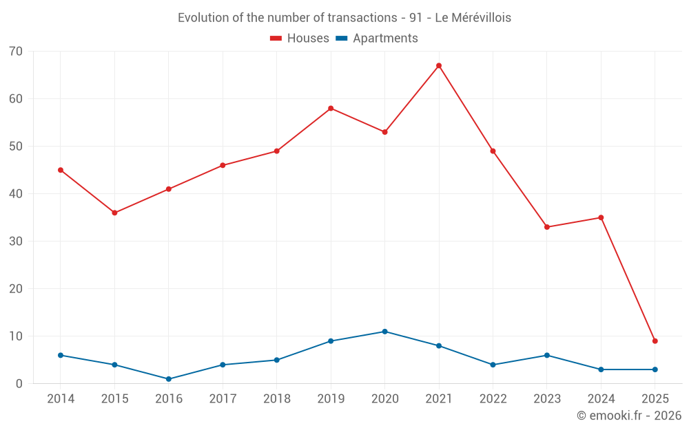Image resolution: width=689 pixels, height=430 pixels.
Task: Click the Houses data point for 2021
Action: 439,65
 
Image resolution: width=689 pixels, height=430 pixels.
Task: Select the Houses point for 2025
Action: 655,341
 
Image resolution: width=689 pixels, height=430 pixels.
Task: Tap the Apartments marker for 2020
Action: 385,332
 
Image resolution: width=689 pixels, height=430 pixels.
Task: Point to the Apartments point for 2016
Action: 169,379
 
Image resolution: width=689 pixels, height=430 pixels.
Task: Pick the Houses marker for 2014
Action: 61,170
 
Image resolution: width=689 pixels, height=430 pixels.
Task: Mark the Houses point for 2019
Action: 331,108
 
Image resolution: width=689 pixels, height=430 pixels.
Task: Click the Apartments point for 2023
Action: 547,355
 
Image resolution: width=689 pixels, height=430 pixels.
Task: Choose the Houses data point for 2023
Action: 547,227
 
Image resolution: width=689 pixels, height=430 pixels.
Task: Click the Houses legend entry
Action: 300,39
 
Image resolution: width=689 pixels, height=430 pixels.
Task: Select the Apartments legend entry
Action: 377,39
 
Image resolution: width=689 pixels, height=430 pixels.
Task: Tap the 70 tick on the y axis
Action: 16,52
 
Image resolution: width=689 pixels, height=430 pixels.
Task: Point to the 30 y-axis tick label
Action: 16,241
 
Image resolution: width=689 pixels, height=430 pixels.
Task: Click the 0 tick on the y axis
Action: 19,384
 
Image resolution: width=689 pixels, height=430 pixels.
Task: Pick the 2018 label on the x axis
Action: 277,399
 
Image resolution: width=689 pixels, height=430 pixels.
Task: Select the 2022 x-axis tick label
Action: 493,399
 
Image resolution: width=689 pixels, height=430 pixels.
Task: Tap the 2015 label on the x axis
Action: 114,399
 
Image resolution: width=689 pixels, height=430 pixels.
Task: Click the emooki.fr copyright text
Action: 629,416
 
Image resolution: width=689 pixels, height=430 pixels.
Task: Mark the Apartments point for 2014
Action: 61,355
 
